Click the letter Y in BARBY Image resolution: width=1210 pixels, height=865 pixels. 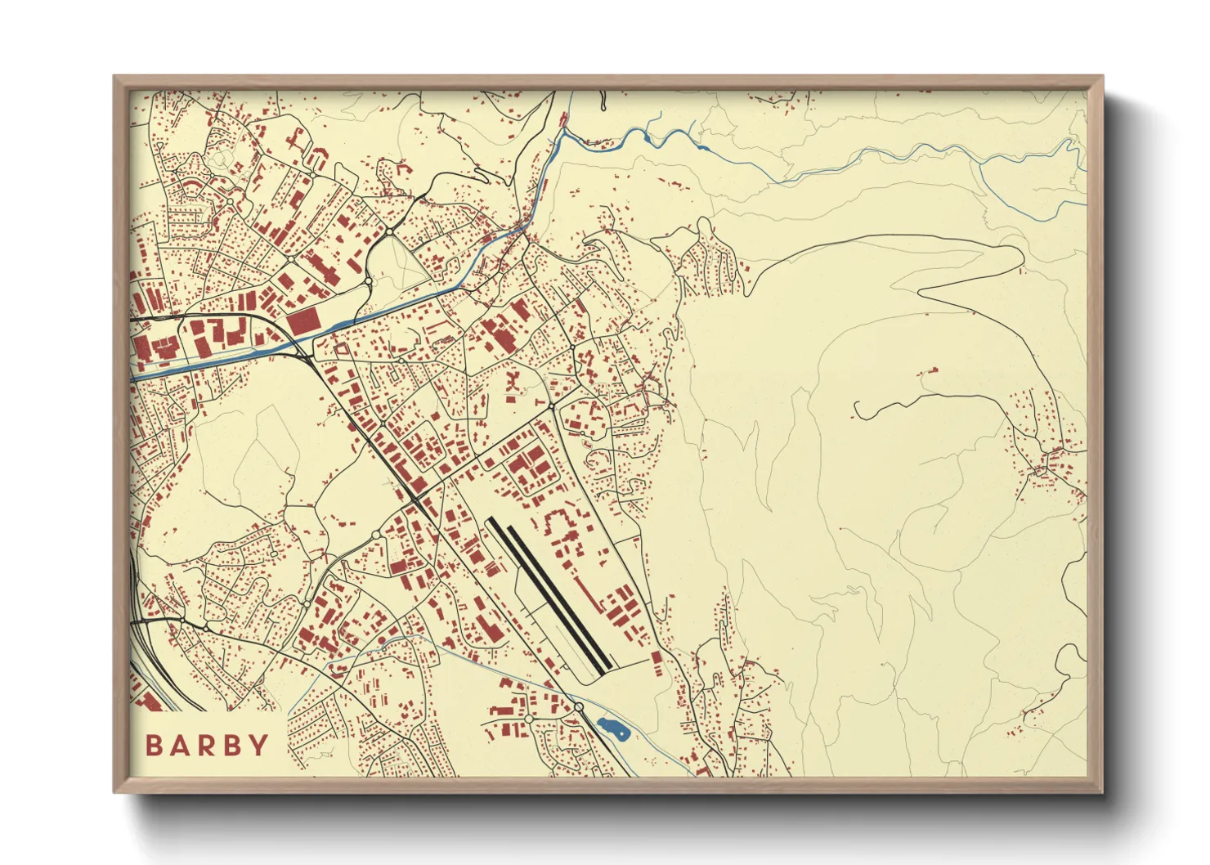click(259, 745)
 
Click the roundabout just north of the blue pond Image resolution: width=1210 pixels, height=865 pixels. click(578, 706)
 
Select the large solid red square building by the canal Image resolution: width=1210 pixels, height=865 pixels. click(302, 320)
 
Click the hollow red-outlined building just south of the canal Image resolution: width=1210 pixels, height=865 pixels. click(341, 350)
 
